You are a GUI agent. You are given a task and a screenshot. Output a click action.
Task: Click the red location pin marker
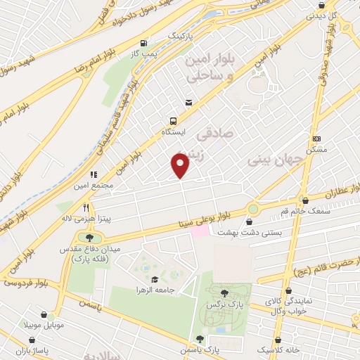(181, 165)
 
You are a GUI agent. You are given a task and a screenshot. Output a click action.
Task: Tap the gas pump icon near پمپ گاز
(144, 42)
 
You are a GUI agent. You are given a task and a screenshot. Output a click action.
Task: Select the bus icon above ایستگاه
(172, 120)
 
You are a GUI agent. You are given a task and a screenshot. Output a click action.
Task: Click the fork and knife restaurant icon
(86, 207)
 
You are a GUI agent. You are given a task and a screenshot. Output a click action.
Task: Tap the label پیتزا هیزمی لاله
(86, 219)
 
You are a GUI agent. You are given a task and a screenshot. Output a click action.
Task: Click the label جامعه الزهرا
(154, 290)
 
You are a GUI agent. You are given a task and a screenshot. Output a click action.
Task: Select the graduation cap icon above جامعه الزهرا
(155, 279)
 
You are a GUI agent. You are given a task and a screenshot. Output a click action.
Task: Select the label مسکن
(318, 150)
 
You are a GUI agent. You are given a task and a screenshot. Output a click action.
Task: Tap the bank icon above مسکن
(318, 139)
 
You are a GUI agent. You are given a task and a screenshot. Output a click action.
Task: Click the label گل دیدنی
(344, 13)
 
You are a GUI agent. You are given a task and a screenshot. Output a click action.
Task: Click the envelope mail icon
(188, 103)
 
